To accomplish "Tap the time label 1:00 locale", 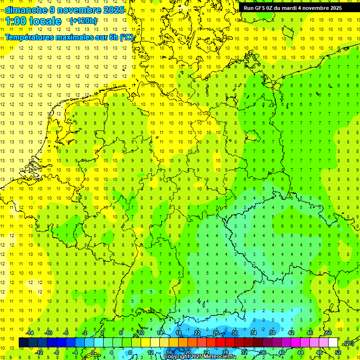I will click(x=33, y=21).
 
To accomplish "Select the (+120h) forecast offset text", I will click(x=83, y=21).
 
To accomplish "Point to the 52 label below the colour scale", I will click(x=338, y=352).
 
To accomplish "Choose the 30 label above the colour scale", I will click(x=235, y=333).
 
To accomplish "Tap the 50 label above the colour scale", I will click(x=329, y=333).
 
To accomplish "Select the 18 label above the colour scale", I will click(x=179, y=333).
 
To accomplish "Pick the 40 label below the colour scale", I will click(x=282, y=352).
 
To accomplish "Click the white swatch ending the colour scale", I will click(x=333, y=343).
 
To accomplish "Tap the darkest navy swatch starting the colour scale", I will click(x=23, y=343).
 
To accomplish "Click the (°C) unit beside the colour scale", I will click(x=349, y=343).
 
